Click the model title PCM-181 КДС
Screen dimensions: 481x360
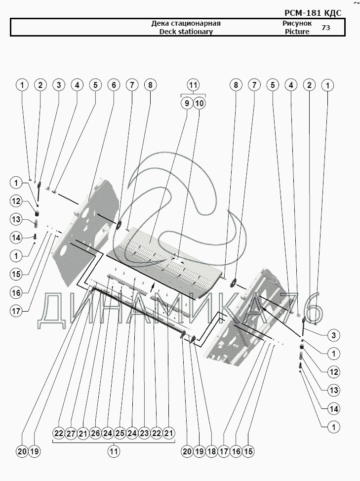[x=313, y=13]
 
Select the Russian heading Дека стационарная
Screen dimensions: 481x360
[x=186, y=23]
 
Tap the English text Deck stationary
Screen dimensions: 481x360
[x=186, y=32]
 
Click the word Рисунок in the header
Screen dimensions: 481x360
[x=297, y=23]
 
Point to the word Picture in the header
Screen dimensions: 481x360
[x=297, y=32]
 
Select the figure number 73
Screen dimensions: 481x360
[x=326, y=28]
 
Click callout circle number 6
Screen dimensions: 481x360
[x=114, y=85]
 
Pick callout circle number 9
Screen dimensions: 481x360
[x=187, y=103]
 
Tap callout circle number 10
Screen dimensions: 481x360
[x=199, y=103]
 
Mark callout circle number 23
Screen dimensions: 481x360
[x=144, y=433]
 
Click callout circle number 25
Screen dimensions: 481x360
[x=119, y=433]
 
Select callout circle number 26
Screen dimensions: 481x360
[x=95, y=433]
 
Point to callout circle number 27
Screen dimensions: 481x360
[x=71, y=433]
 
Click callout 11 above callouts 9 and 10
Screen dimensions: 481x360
[x=193, y=85]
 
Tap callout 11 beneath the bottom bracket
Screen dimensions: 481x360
[x=114, y=451]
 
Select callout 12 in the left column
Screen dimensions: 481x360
[x=16, y=201]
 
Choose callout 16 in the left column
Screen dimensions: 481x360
[x=16, y=292]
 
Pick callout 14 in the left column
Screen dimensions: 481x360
[x=16, y=238]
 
